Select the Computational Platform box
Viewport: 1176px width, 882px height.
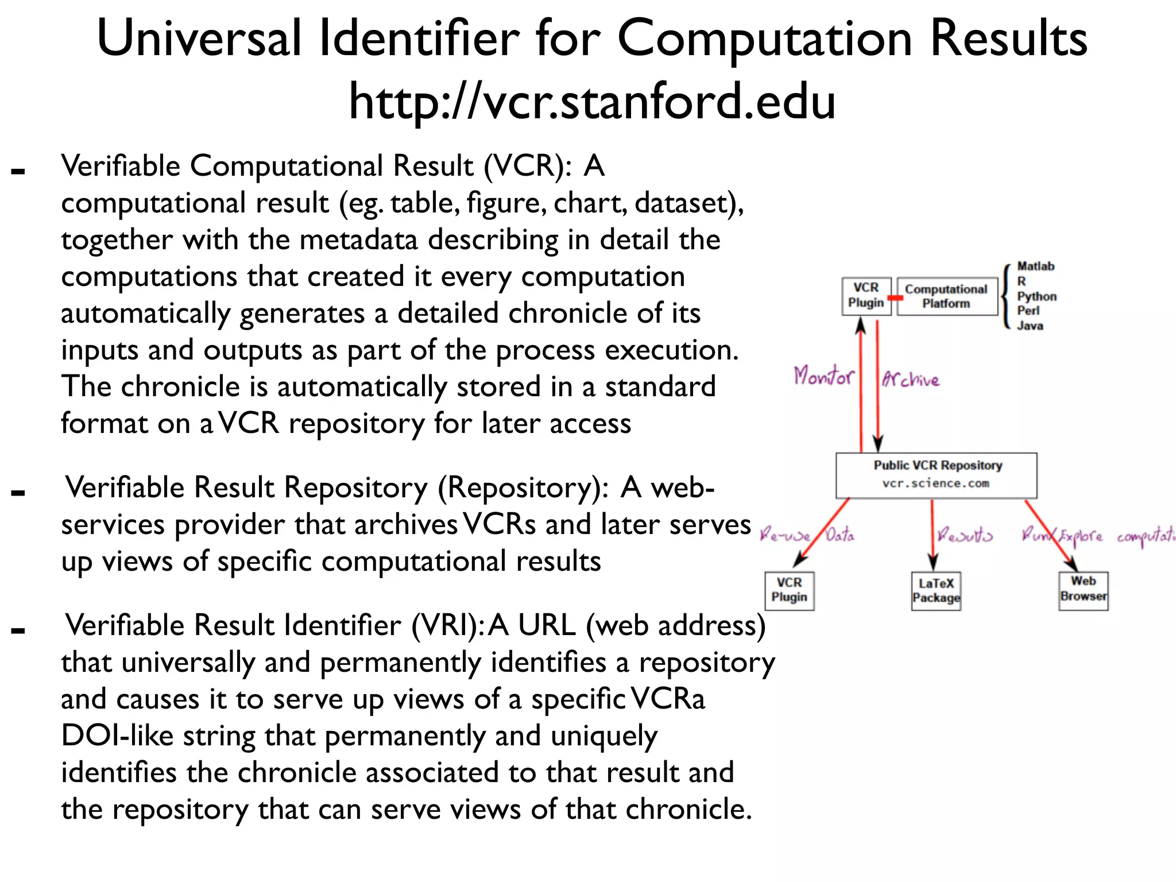click(946, 296)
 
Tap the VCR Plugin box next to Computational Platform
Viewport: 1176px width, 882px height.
click(866, 296)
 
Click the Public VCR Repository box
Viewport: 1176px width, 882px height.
click(936, 474)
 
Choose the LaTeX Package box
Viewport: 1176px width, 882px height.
click(936, 590)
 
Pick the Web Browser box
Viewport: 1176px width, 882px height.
click(1083, 589)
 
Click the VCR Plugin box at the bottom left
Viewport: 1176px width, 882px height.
click(789, 590)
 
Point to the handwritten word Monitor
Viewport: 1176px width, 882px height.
click(823, 377)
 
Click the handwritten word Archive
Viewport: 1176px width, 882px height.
click(911, 379)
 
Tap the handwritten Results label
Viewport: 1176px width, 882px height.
click(965, 535)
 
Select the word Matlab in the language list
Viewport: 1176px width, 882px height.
click(1035, 266)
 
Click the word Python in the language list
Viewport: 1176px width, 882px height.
click(1036, 296)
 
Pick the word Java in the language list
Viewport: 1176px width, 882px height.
click(1030, 326)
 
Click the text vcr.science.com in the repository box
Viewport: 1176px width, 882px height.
click(936, 483)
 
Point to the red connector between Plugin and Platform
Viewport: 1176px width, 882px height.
click(895, 298)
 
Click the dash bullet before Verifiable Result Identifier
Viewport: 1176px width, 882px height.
click(18, 630)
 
